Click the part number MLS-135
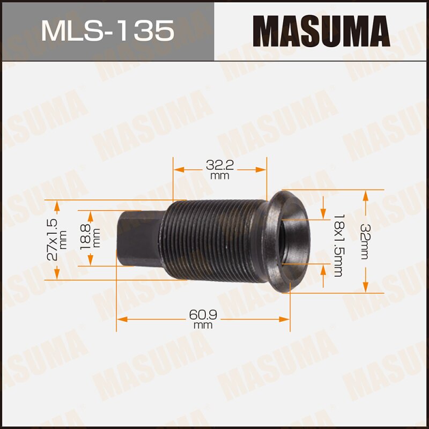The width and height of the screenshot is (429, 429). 107,31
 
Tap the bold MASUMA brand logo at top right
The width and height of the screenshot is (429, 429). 321,31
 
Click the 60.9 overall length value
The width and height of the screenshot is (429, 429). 202,314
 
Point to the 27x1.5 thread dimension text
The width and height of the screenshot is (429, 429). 53,239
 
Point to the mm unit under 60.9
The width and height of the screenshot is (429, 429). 203,325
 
